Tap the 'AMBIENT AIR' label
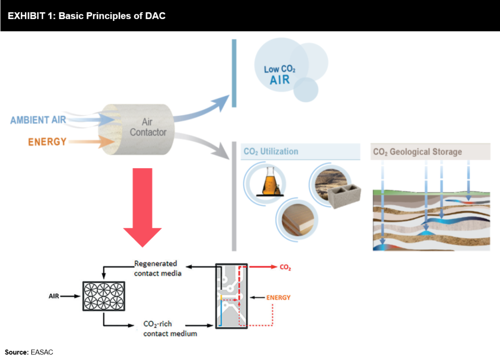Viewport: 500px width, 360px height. pos(37,120)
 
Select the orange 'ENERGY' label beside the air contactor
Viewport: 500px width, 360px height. pos(47,142)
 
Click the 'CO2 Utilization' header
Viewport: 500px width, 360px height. pos(271,152)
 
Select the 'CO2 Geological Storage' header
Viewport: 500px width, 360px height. pos(417,152)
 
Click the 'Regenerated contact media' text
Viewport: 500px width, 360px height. pos(158,268)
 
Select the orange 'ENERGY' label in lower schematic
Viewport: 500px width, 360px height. pos(278,297)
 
